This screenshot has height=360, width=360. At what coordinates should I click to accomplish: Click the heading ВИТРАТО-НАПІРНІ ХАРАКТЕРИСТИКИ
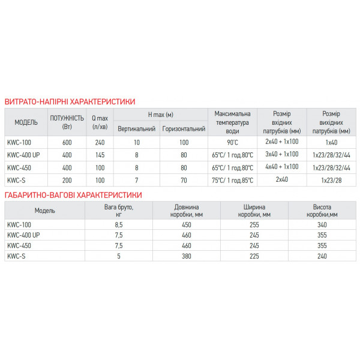tap(70, 102)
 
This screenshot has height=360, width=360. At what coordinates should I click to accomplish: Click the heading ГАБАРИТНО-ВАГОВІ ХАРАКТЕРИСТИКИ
tap(73, 195)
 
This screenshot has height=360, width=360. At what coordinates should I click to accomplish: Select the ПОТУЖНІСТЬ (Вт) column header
tap(67, 122)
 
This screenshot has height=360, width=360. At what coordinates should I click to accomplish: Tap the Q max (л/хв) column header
tap(100, 122)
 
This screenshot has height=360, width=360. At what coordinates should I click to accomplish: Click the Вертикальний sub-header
tap(137, 129)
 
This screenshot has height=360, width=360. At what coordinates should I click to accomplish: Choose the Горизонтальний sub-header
tap(184, 129)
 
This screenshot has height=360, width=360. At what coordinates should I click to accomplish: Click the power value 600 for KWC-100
tap(67, 143)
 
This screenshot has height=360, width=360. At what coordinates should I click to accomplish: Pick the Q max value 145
tap(100, 155)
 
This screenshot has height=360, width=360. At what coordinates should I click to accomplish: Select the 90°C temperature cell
tap(232, 143)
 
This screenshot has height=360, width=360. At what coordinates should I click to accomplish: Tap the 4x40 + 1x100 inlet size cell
tap(281, 167)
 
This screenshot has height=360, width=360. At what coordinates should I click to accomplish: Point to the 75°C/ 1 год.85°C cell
tap(232, 179)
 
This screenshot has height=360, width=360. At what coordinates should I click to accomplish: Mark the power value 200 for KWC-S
tap(67, 179)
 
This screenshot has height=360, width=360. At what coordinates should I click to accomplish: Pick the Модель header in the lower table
tap(45, 211)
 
